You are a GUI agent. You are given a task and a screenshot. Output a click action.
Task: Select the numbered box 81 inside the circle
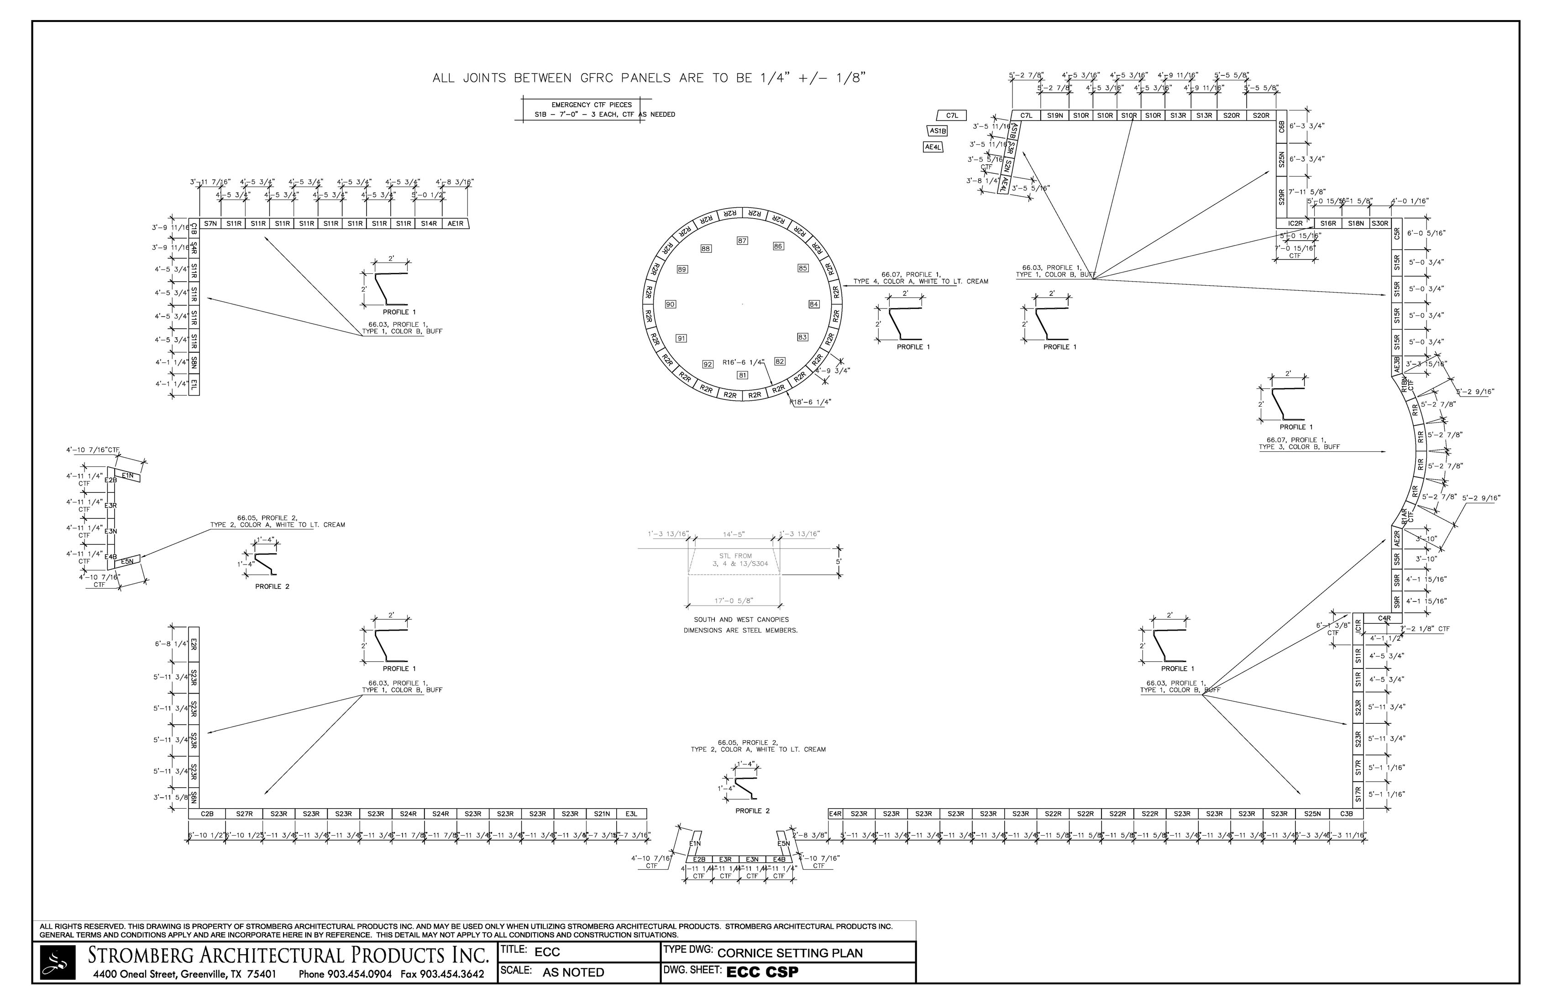(x=742, y=375)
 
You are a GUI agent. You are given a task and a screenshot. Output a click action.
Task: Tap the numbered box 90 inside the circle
(x=671, y=304)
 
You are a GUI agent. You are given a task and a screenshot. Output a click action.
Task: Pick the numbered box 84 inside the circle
(x=814, y=304)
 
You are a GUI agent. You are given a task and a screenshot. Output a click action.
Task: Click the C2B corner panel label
(x=207, y=814)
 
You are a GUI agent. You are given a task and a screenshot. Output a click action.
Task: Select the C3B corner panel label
(x=1347, y=814)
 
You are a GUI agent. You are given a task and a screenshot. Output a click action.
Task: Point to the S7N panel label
(x=210, y=224)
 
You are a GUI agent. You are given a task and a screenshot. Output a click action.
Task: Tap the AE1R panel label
(x=455, y=224)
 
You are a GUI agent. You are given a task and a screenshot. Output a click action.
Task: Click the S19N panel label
(x=1055, y=115)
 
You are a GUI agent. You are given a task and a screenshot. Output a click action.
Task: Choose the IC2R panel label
(x=1295, y=224)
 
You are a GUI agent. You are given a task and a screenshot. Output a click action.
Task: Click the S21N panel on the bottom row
(x=602, y=814)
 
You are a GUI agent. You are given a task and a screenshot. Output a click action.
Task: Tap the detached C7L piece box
(x=952, y=115)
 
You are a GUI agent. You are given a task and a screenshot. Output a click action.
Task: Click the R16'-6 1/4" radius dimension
(x=744, y=362)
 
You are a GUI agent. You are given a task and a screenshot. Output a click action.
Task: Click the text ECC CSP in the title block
(x=762, y=972)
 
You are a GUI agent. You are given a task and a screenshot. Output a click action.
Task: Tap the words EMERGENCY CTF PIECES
(x=592, y=105)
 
